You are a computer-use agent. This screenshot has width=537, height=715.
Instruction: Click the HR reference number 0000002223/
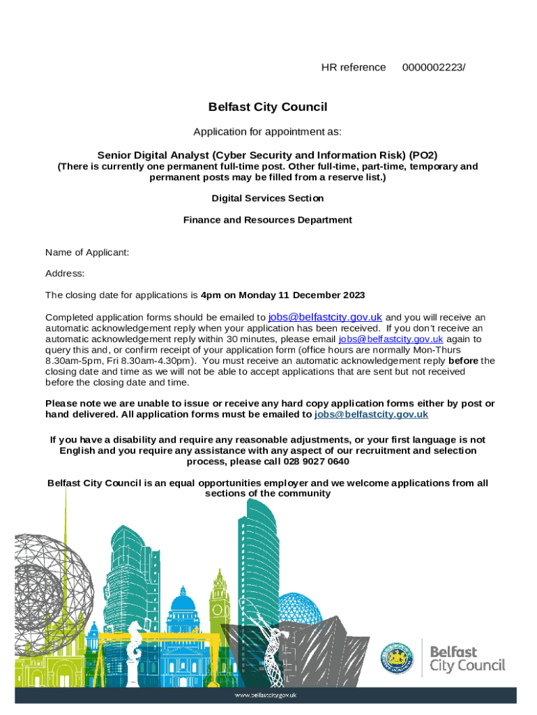[x=434, y=68]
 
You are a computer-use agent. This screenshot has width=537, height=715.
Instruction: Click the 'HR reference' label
[x=353, y=68]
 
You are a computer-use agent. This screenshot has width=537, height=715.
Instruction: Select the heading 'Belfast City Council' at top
[x=268, y=107]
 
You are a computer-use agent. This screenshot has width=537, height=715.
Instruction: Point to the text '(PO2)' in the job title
[x=423, y=155]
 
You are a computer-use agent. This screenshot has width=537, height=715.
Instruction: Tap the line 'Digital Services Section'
[x=268, y=198]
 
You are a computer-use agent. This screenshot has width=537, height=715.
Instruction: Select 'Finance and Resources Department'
[x=268, y=220]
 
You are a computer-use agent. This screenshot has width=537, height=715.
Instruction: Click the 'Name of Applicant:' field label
[x=87, y=252]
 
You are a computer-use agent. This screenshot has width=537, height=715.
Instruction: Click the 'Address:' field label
[x=65, y=274]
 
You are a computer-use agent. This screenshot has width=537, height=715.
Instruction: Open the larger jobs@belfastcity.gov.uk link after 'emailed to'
[x=325, y=316]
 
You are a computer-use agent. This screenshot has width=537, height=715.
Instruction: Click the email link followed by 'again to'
[x=391, y=339]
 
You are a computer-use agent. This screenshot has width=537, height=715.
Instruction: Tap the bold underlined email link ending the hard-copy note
[x=371, y=415]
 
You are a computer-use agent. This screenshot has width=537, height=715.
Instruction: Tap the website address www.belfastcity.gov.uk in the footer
[x=266, y=695]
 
